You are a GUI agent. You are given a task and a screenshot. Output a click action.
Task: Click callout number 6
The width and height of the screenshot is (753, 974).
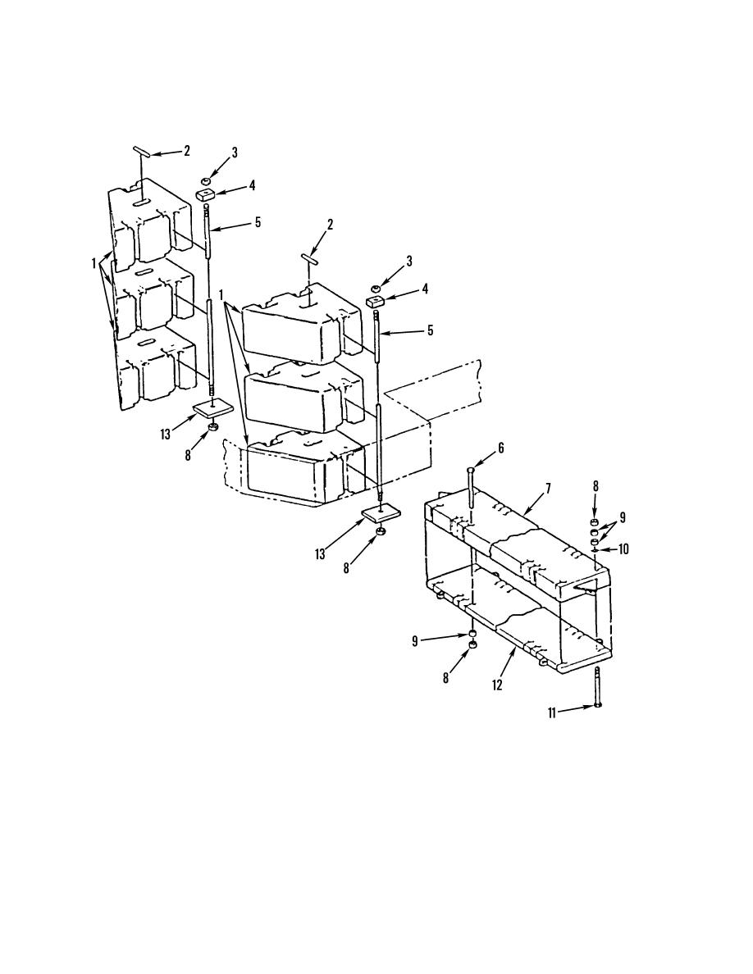point(500,448)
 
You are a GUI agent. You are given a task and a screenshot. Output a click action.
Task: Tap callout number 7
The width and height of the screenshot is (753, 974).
point(548,489)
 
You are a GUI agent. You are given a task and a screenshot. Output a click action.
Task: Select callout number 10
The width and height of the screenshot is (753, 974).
point(623,549)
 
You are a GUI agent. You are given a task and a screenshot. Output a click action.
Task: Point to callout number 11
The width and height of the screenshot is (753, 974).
point(552,713)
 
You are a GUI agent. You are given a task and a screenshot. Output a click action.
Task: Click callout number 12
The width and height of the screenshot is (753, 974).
point(497,685)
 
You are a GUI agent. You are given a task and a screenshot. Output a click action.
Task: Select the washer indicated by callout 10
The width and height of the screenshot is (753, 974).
point(596,550)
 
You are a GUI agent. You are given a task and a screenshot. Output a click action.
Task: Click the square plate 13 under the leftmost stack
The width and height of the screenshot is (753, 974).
point(212,409)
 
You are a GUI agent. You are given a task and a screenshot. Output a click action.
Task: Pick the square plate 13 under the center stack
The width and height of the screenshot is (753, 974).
point(381,514)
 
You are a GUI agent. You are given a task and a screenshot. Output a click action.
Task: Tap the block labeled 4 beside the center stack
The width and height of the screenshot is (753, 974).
point(373,302)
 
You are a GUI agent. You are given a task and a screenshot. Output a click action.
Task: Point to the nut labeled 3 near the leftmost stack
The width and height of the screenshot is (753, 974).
point(206,179)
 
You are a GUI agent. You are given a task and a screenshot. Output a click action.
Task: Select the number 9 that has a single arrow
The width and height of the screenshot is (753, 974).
point(414,642)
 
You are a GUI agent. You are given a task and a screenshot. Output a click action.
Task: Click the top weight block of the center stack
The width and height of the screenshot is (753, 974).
point(301,324)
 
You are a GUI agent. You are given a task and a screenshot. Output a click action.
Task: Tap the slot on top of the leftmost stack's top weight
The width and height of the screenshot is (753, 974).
point(140,203)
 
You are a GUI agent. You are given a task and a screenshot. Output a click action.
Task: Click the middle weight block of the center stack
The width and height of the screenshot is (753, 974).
point(303,398)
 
